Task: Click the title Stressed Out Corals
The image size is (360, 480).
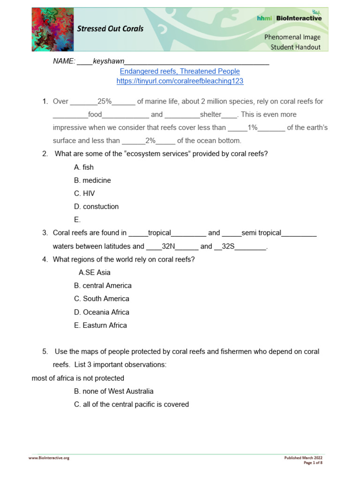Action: click(x=110, y=29)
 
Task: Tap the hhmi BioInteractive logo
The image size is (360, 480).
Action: click(x=289, y=18)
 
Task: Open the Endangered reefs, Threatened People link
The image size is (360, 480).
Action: click(x=180, y=71)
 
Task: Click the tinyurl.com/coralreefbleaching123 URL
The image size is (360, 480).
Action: click(x=180, y=81)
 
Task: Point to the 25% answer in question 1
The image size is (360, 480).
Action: click(x=105, y=101)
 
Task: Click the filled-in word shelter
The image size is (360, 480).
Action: click(x=210, y=114)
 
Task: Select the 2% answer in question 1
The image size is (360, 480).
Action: click(x=150, y=141)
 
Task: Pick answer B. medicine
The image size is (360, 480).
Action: click(x=92, y=180)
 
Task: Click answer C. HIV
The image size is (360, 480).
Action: click(x=84, y=194)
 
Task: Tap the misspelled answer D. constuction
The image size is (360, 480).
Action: click(x=96, y=207)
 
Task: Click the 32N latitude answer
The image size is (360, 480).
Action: click(x=168, y=246)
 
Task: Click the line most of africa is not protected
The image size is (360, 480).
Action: click(x=78, y=378)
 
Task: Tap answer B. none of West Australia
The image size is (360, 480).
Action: click(x=113, y=391)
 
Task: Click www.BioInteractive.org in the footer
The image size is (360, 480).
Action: click(x=49, y=458)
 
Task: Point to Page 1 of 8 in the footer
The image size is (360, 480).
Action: click(x=313, y=463)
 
